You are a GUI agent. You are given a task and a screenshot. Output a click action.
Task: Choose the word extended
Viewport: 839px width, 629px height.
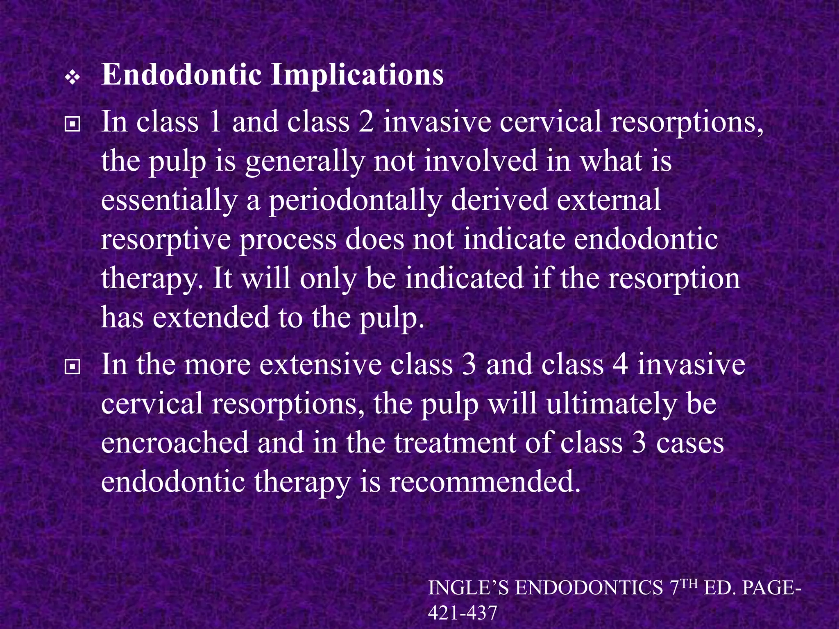pyautogui.click(x=211, y=317)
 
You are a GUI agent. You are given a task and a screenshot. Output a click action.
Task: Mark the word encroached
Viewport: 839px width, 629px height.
pyautogui.click(x=175, y=442)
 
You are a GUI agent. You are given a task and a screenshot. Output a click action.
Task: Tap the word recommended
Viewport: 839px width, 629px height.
pyautogui.click(x=485, y=482)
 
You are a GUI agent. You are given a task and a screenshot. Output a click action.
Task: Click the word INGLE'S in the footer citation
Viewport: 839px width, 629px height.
pyautogui.click(x=468, y=588)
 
